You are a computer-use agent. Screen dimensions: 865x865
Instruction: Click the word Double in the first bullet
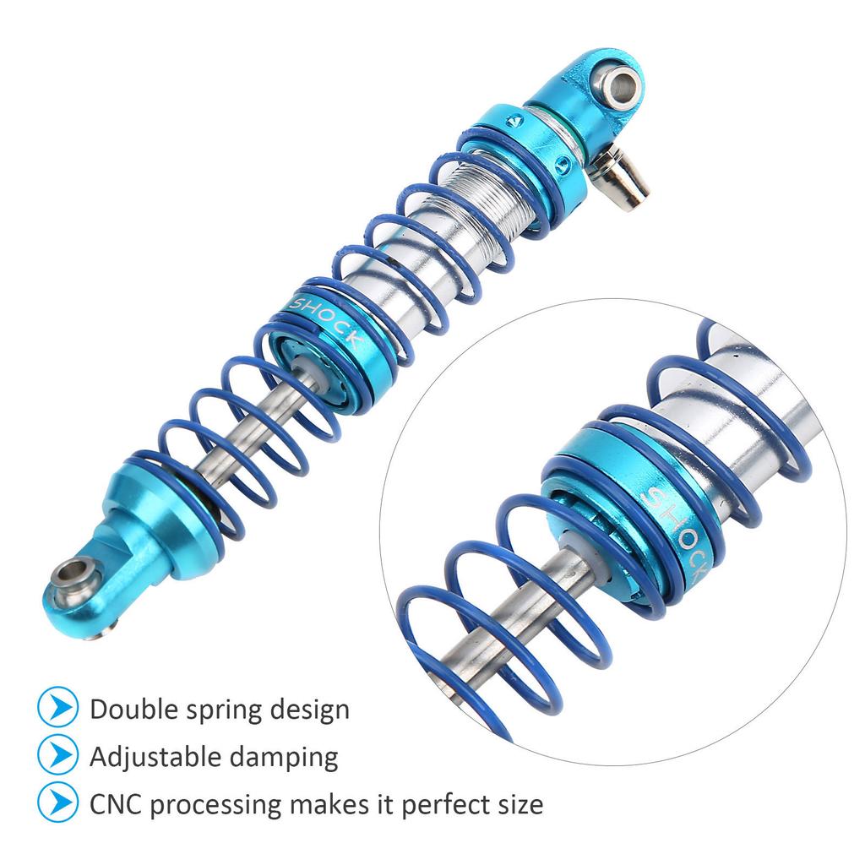click(x=131, y=709)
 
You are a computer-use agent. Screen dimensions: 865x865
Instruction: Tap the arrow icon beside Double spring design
click(x=57, y=708)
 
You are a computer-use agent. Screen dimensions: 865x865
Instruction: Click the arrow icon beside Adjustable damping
click(x=57, y=755)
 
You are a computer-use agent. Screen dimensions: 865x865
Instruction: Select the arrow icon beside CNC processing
click(x=57, y=802)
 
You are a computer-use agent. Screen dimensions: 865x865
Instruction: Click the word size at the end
click(x=520, y=803)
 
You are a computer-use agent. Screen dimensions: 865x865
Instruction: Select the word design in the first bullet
click(x=313, y=710)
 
